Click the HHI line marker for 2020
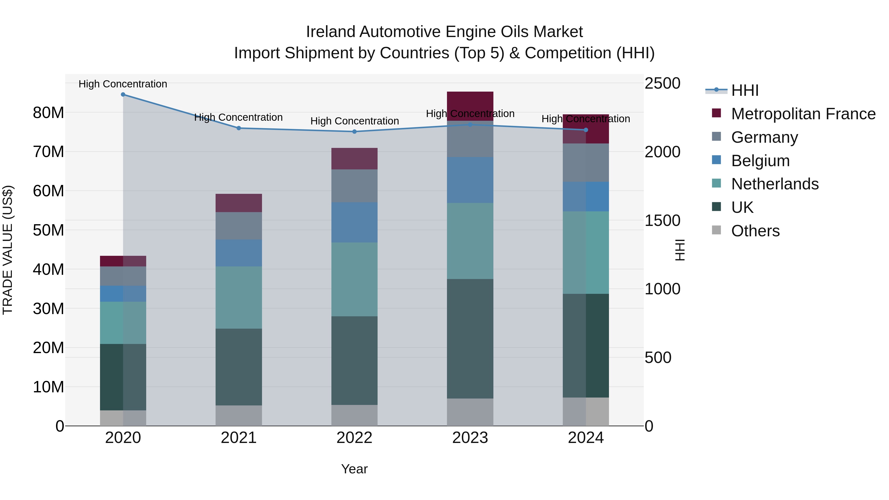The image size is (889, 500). (123, 95)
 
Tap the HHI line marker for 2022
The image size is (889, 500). (354, 131)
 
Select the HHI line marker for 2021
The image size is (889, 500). (239, 128)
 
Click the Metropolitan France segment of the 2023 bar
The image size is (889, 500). (470, 106)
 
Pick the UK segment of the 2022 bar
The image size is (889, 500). (354, 360)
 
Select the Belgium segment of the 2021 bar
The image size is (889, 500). (239, 253)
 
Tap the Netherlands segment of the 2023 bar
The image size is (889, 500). (470, 241)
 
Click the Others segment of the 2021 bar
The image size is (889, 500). (239, 416)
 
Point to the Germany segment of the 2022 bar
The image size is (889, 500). (354, 186)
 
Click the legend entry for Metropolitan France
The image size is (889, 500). (803, 114)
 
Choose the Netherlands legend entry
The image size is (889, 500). (775, 184)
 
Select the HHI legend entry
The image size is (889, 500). (745, 90)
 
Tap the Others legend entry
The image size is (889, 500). (755, 231)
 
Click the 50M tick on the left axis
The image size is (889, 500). (48, 230)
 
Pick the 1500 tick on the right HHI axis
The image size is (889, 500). (662, 221)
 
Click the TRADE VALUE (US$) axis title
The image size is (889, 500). (8, 250)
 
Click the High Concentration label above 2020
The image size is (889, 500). (123, 84)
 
